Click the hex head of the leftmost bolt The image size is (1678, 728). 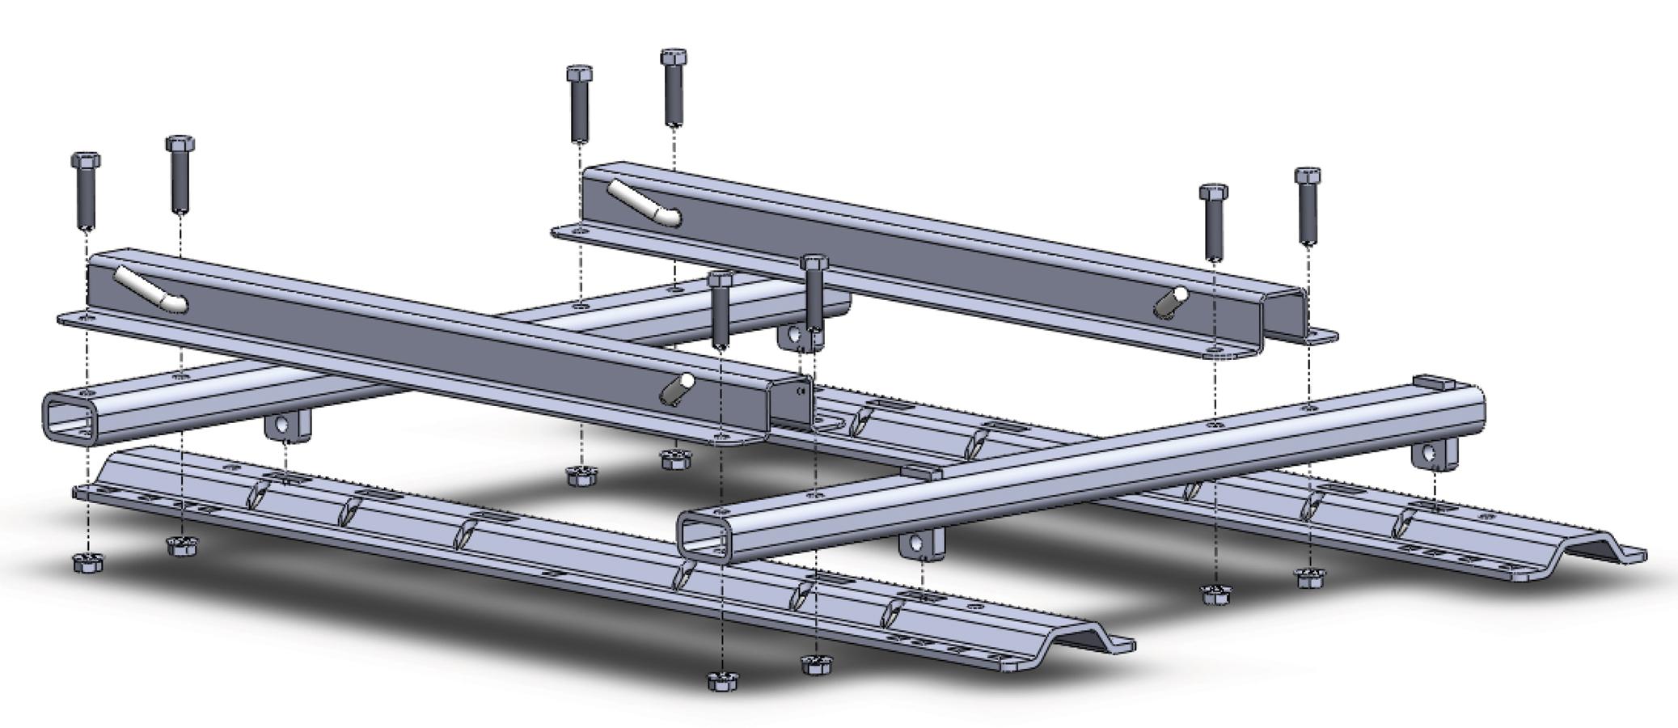click(x=86, y=160)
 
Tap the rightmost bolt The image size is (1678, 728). click(x=1307, y=206)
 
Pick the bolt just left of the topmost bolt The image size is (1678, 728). click(x=578, y=105)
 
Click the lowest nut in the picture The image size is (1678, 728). click(x=721, y=681)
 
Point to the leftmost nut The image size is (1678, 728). click(x=86, y=563)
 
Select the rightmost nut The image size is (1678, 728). click(x=1309, y=578)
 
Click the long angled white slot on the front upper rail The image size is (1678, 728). click(x=150, y=290)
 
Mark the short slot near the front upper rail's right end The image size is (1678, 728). click(x=677, y=387)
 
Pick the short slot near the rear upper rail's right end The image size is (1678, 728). click(x=1170, y=301)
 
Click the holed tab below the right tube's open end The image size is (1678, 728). click(x=920, y=547)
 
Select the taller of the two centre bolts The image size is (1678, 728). click(x=814, y=295)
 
